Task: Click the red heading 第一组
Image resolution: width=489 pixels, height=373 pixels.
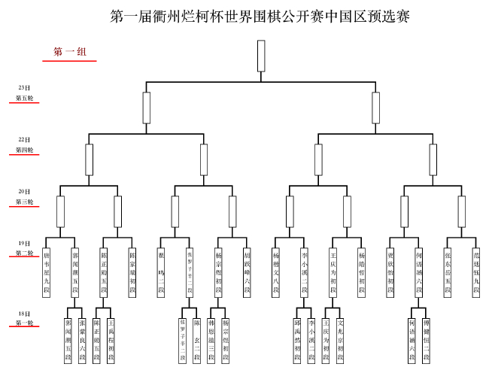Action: click(x=69, y=52)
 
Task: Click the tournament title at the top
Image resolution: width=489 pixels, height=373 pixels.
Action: click(x=260, y=17)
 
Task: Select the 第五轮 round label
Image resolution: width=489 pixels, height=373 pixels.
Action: click(x=24, y=99)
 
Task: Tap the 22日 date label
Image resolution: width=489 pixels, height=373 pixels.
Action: click(x=24, y=140)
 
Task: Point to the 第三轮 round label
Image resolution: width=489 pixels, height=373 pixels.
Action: click(x=24, y=202)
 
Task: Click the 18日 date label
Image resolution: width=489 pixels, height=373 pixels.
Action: click(x=24, y=313)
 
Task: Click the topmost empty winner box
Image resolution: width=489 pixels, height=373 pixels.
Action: click(x=261, y=55)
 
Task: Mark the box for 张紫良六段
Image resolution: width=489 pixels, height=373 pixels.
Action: click(x=82, y=340)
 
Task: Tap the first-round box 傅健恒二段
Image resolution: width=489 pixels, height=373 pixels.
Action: click(x=426, y=340)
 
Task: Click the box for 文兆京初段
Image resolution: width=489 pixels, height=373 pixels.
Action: click(x=340, y=340)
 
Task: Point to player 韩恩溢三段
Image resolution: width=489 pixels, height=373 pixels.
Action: click(x=211, y=340)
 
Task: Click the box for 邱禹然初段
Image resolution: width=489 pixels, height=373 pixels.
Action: click(x=297, y=340)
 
